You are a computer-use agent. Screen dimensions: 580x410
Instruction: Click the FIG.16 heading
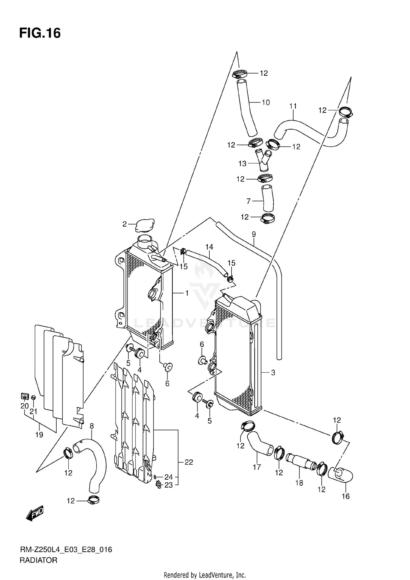click(40, 33)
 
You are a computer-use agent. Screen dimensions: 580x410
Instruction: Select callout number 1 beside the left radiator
click(187, 293)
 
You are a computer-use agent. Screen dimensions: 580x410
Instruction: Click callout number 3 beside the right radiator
click(273, 372)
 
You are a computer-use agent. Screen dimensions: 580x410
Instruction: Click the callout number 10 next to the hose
click(266, 102)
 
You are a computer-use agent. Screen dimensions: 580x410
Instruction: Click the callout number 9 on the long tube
click(254, 234)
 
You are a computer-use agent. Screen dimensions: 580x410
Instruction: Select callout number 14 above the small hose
click(209, 247)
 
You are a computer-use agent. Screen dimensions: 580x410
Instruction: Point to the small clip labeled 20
click(25, 396)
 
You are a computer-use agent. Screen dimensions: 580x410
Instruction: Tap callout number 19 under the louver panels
click(39, 435)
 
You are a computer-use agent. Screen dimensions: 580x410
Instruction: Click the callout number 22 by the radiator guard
click(189, 462)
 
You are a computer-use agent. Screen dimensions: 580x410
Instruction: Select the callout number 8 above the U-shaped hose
click(92, 426)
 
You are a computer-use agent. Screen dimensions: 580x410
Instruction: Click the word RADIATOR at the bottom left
click(39, 560)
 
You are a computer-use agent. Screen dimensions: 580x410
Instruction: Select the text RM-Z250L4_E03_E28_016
click(66, 550)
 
